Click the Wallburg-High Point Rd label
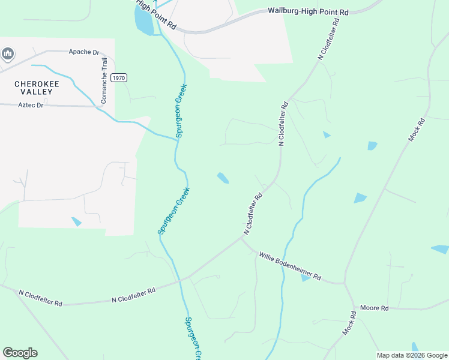(x=308, y=11)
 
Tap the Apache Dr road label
(x=84, y=52)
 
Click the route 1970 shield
(x=119, y=78)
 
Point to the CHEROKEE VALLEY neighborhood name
(x=37, y=89)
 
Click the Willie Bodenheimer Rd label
(x=290, y=267)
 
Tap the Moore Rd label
(x=375, y=308)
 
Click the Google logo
(x=20, y=353)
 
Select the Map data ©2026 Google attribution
(x=412, y=355)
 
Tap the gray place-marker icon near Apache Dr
(x=8, y=55)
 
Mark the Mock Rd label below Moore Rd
(x=349, y=323)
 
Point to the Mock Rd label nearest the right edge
(x=417, y=130)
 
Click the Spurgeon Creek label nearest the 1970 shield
(x=178, y=113)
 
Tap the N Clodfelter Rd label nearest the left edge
(x=41, y=298)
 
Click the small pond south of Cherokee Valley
(x=76, y=221)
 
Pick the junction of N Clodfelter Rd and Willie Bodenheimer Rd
(x=242, y=238)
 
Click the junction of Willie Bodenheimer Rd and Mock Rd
(x=345, y=283)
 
